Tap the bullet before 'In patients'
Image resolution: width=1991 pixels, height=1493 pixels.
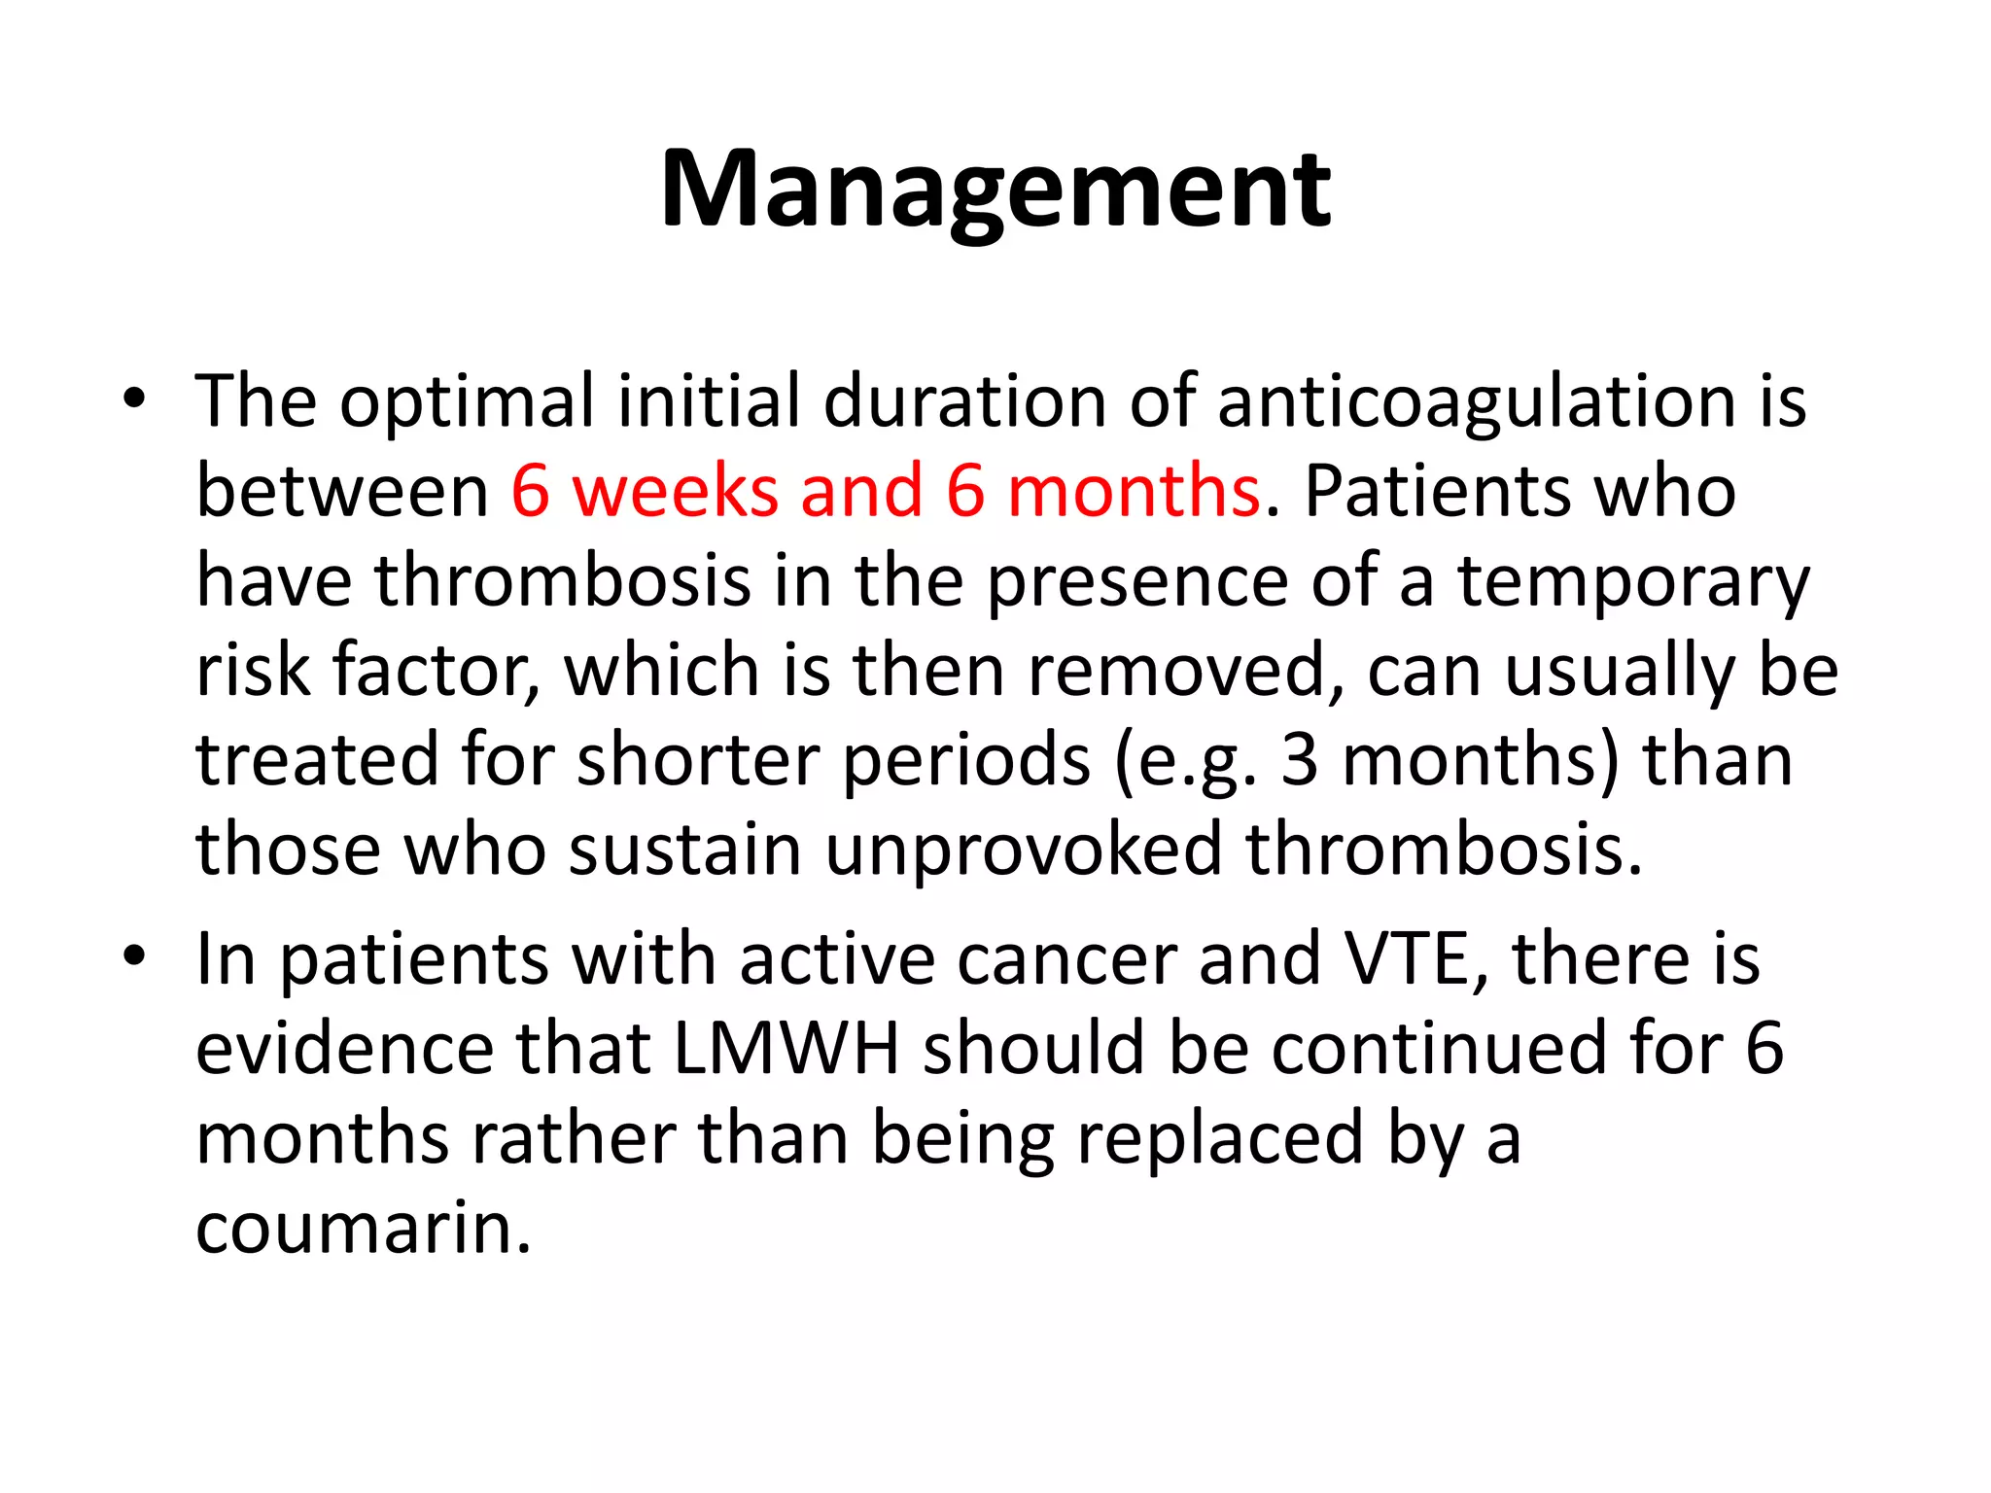coord(134,957)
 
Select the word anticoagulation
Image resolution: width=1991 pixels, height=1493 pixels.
coord(1476,401)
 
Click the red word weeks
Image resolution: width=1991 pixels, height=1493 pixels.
coord(675,491)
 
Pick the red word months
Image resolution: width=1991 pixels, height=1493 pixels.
coord(1134,491)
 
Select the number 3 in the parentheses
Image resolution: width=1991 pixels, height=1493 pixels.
coord(1299,760)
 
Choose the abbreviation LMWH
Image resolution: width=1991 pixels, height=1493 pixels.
coord(786,1049)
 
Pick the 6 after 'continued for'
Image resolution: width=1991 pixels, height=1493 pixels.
coord(1764,1049)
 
